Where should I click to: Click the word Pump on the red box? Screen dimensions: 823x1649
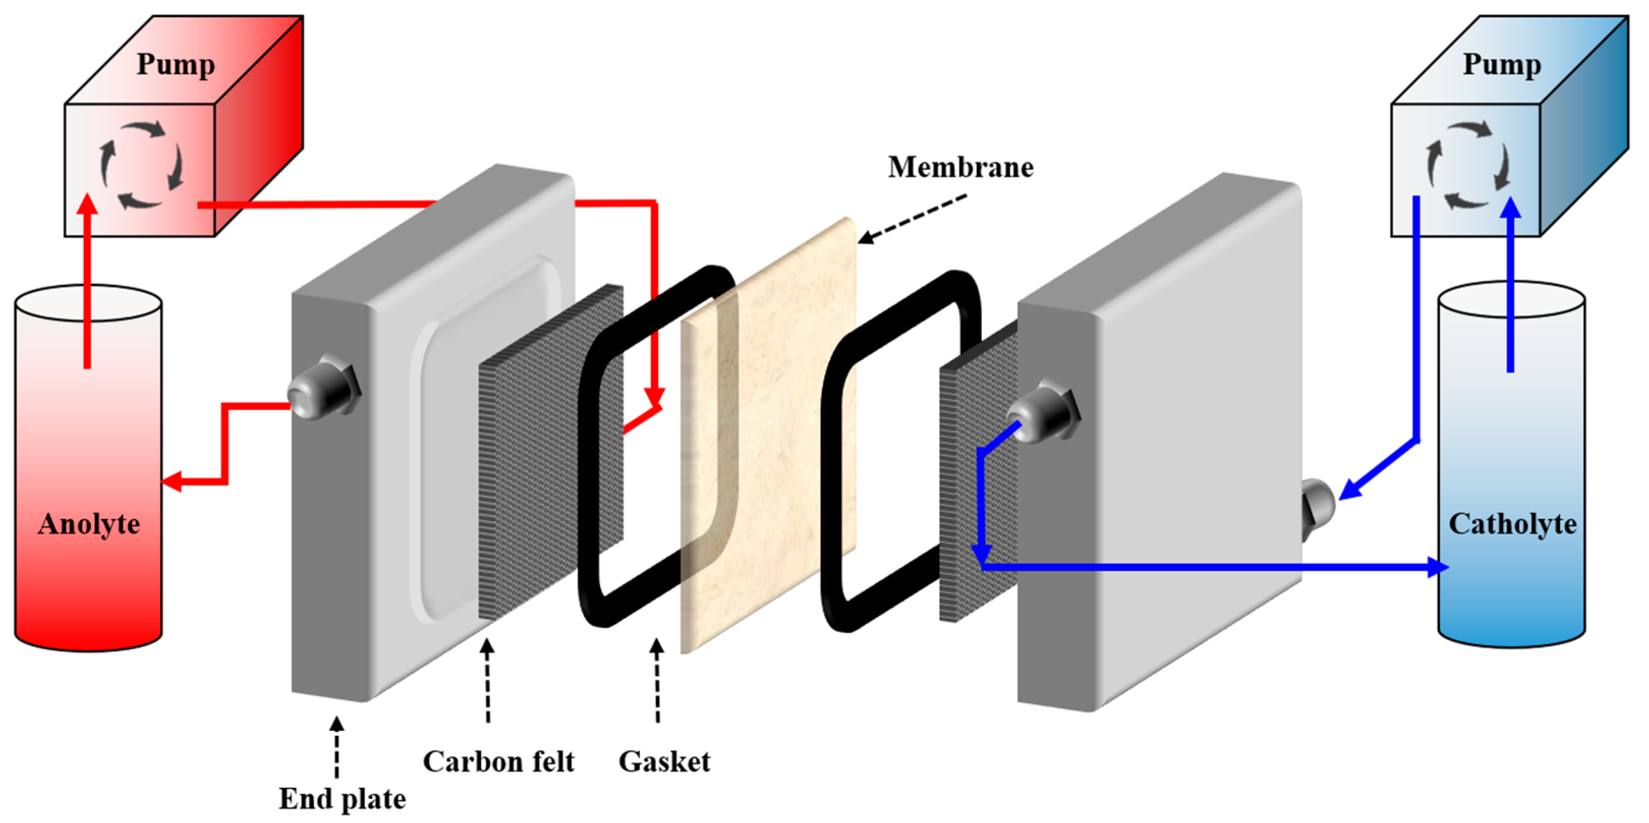[176, 65]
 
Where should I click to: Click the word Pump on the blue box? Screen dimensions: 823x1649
[1502, 65]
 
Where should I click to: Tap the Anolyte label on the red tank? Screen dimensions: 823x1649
[89, 524]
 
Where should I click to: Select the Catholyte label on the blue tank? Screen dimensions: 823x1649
[1512, 524]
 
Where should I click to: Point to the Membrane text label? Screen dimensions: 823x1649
[960, 167]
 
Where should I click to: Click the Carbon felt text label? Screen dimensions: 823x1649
[498, 761]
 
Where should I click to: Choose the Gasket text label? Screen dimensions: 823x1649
[664, 761]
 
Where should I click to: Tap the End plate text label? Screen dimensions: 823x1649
[342, 799]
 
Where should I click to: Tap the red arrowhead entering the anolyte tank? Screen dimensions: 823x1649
[172, 481]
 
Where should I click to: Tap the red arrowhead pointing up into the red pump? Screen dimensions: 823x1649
[88, 205]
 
